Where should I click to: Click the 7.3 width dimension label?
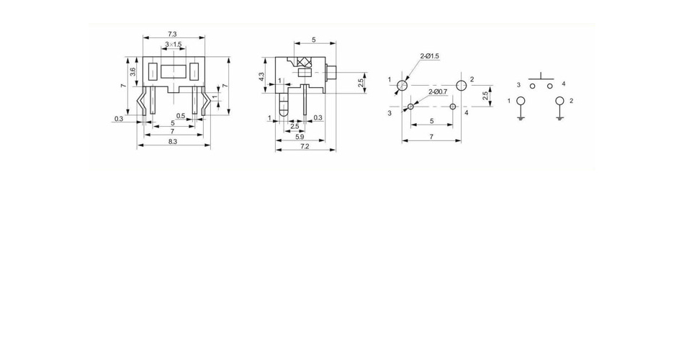point(173,34)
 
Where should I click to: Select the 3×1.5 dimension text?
point(174,45)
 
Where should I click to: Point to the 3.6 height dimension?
point(133,71)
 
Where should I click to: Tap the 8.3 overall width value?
point(173,142)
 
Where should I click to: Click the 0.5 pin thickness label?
point(181,116)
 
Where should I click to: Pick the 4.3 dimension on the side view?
point(261,76)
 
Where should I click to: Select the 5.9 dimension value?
point(300,137)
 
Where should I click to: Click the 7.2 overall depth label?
point(305,146)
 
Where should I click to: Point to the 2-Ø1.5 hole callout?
point(430,56)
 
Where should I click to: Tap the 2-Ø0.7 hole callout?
point(438,91)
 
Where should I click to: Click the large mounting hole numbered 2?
point(461,85)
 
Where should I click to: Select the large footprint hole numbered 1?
point(402,85)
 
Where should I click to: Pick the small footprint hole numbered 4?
point(453,107)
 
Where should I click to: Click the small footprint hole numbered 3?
point(410,107)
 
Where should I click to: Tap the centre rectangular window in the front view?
point(174,71)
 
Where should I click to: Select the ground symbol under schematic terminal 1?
point(521,117)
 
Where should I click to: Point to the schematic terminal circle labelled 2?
point(559,101)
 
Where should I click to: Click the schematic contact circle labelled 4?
point(550,86)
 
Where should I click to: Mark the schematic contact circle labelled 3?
point(532,86)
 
